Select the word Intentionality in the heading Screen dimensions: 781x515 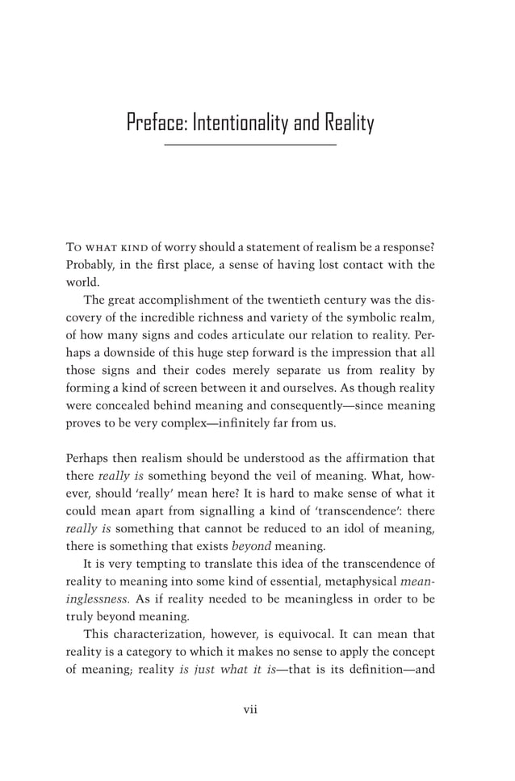tap(242, 124)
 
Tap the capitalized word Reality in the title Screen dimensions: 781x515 tap(349, 124)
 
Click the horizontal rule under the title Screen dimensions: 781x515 tap(249, 145)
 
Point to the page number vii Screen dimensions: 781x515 tap(249, 710)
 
